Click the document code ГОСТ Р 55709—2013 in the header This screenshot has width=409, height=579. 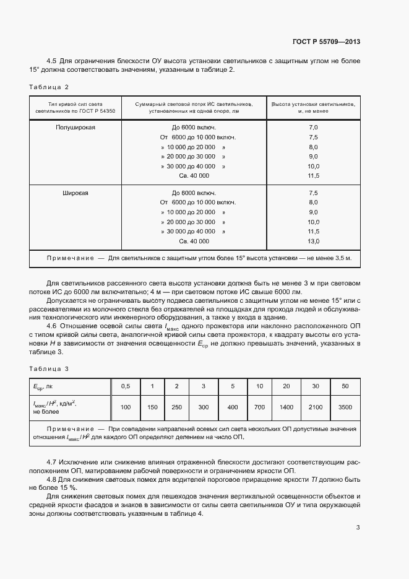coord(326,41)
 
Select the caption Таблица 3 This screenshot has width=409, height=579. coord(49,369)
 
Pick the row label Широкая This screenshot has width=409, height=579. coord(75,193)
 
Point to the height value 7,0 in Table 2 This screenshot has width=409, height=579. coord(312,126)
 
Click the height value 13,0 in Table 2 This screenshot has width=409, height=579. coord(312,241)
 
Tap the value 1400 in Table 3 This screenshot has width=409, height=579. coord(286,407)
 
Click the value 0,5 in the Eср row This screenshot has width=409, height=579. coord(126,386)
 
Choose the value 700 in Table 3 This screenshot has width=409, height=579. coord(259,407)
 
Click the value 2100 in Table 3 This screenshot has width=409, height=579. coord(315,407)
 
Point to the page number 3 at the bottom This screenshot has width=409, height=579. coord(358,528)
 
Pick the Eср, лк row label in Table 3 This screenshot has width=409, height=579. coord(43,386)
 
